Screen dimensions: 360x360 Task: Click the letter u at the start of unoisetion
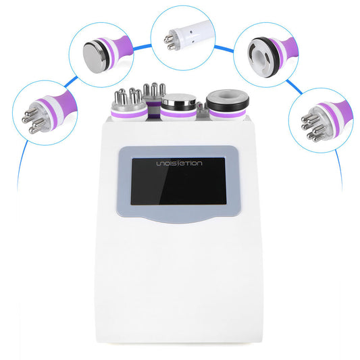[x=157, y=162]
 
